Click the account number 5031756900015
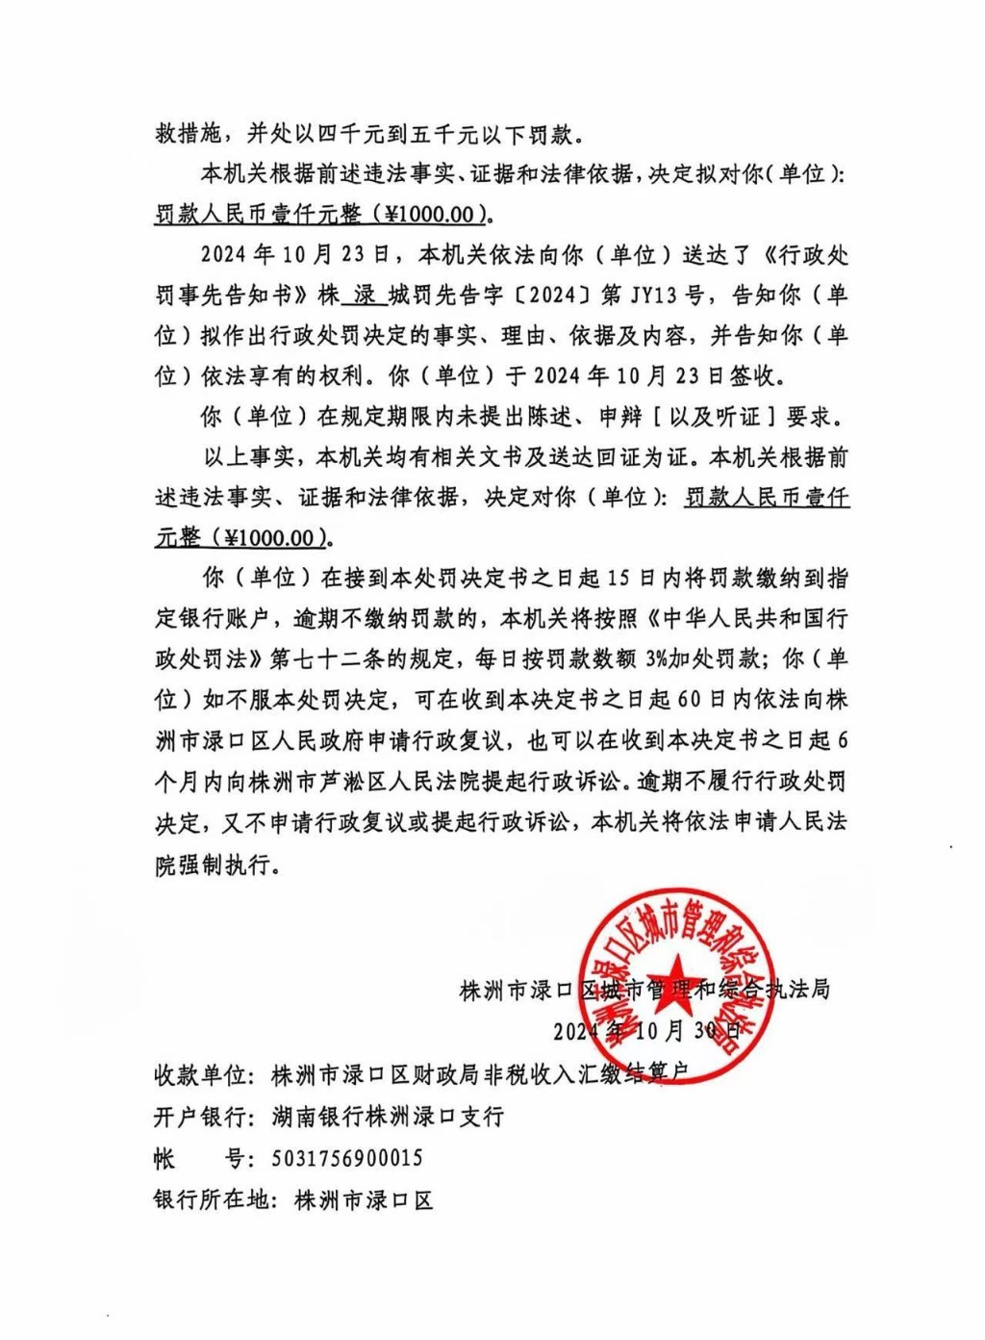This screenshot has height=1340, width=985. tap(346, 1158)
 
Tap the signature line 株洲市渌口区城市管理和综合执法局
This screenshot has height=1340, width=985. tap(644, 989)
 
